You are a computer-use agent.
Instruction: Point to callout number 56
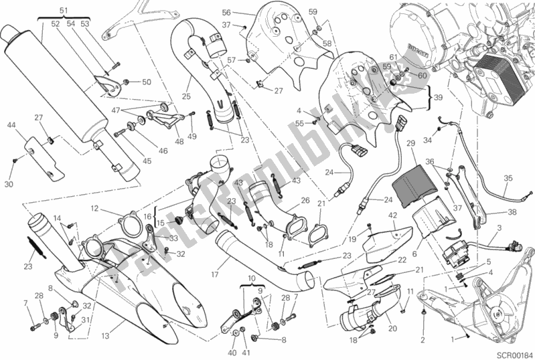[x=226, y=13]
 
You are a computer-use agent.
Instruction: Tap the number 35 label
[x=508, y=178]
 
